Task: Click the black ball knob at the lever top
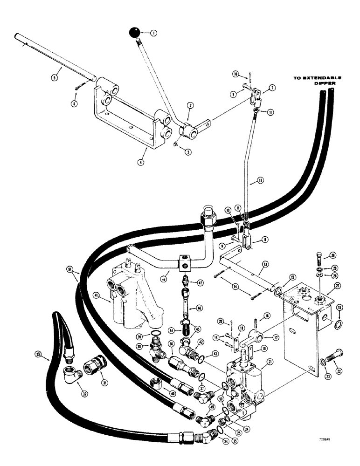[x=134, y=33]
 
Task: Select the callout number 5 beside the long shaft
[x=54, y=78]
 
